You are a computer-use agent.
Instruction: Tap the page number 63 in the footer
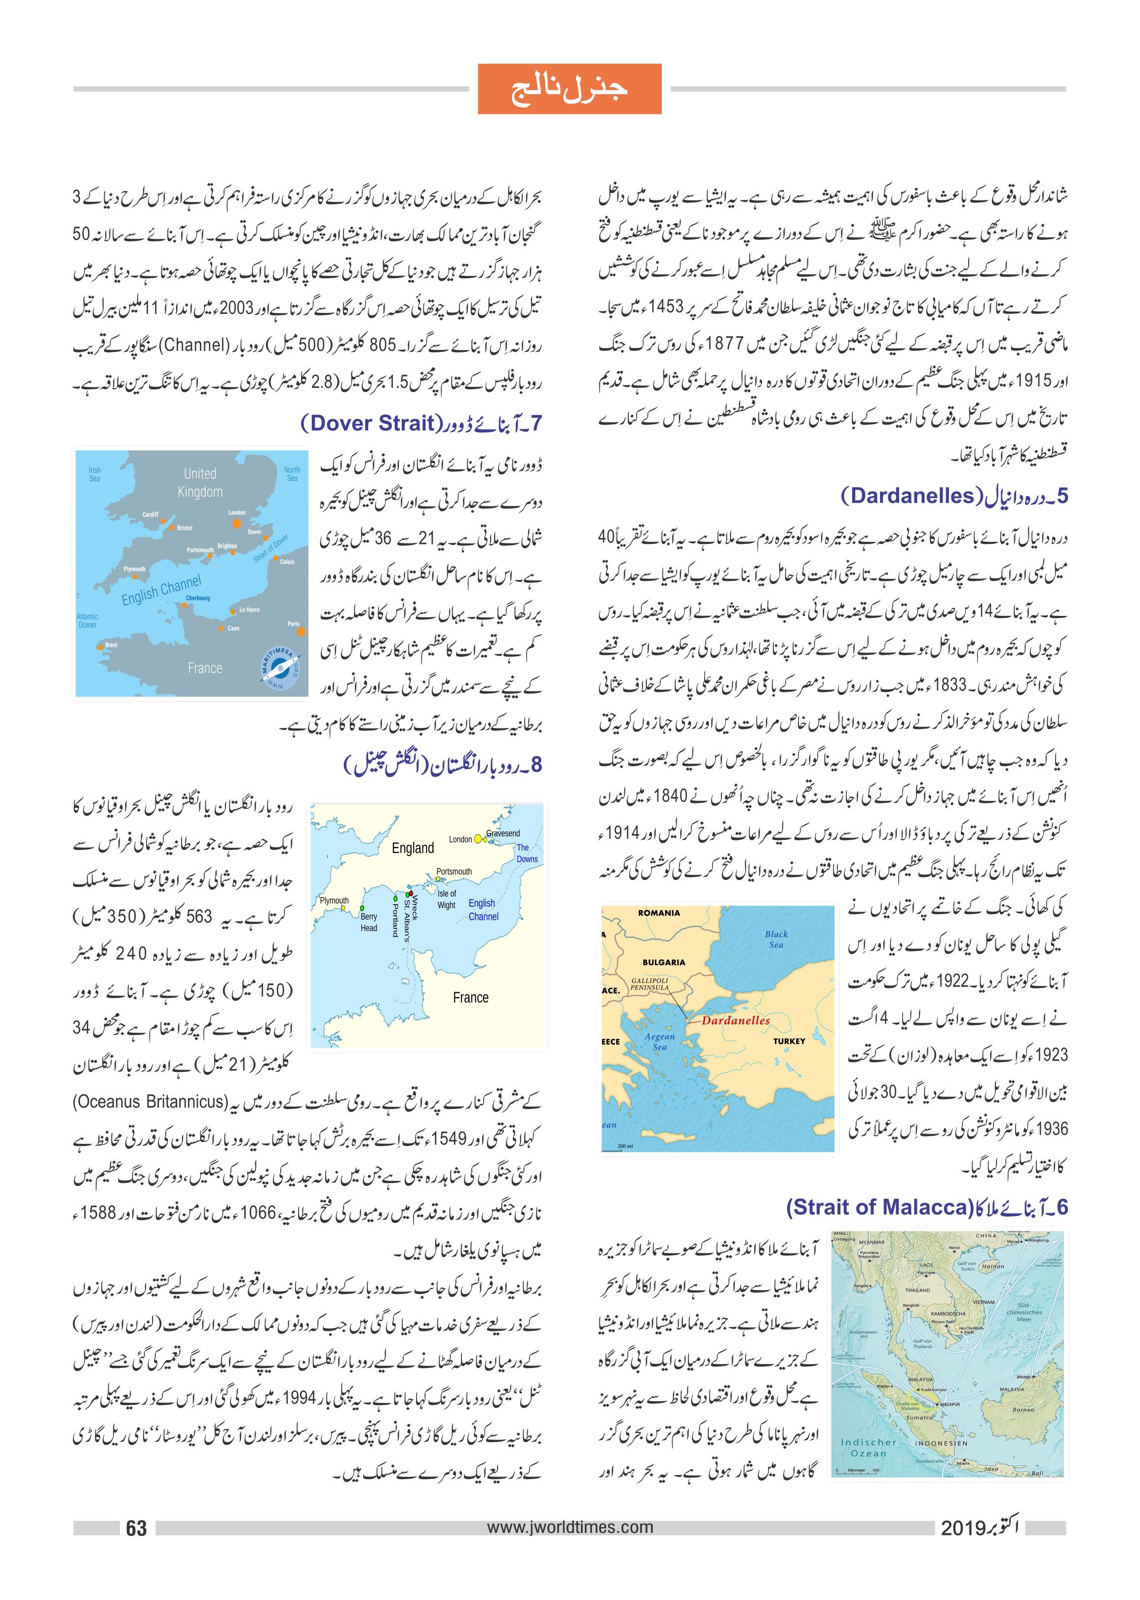coord(136,1527)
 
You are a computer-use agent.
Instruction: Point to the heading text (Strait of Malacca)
coord(877,1207)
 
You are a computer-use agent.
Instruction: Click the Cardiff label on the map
coord(150,515)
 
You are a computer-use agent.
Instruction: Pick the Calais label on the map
coord(287,562)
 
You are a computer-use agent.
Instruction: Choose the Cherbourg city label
coord(198,598)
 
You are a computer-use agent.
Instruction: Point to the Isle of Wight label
coord(447,899)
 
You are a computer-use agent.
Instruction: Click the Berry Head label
coord(369,922)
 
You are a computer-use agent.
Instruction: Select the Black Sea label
coord(776,939)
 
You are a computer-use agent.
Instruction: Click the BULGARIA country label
coord(663,962)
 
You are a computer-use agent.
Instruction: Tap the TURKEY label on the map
coord(789,1041)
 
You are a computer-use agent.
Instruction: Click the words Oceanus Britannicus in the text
coord(150,1101)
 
